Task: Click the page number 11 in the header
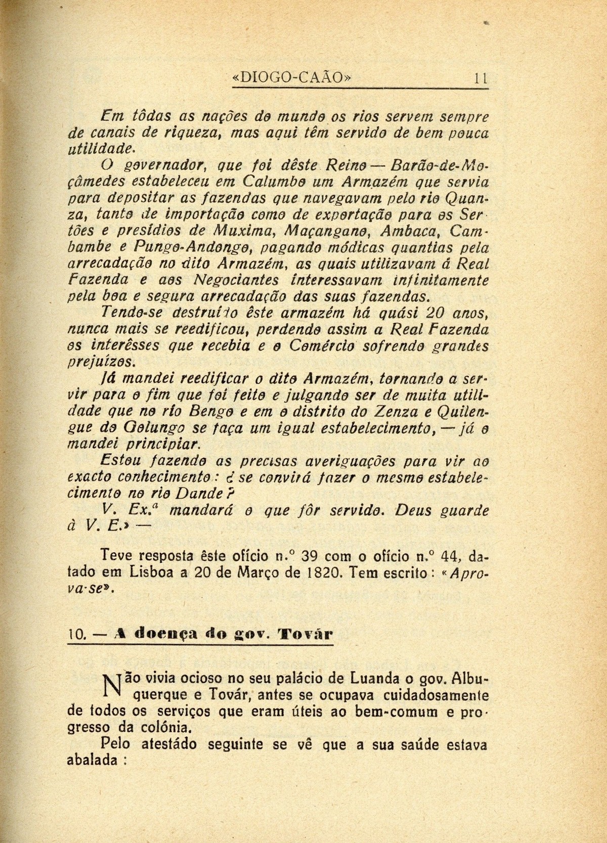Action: click(x=480, y=78)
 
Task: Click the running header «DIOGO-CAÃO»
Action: click(x=291, y=78)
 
